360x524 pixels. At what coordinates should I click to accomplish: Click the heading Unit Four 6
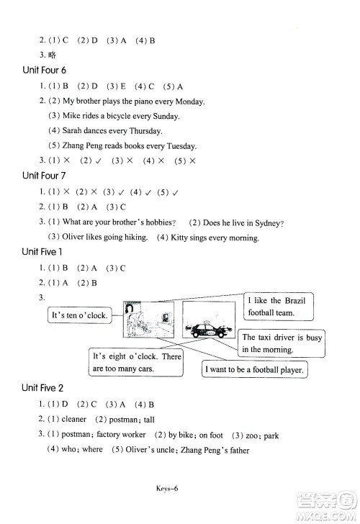[45, 71]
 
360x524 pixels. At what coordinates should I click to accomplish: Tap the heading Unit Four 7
[44, 176]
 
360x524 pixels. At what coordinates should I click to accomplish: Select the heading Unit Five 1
[42, 252]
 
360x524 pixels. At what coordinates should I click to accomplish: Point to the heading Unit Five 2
[42, 388]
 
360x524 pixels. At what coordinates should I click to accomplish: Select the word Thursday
[145, 131]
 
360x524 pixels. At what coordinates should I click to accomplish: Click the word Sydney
[269, 223]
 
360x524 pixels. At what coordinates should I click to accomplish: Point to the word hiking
[136, 238]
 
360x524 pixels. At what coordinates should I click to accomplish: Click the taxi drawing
[209, 329]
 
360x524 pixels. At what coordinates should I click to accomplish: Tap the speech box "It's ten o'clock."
[79, 315]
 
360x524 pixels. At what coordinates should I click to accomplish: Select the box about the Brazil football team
[279, 307]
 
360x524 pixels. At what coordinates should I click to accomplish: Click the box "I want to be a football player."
[254, 370]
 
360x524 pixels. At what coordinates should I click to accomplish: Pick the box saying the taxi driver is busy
[282, 343]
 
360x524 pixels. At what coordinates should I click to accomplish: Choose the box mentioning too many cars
[136, 362]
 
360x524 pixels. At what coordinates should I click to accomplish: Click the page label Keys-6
[167, 488]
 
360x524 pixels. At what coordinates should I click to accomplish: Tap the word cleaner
[74, 420]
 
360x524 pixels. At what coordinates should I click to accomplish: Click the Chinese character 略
[52, 55]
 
